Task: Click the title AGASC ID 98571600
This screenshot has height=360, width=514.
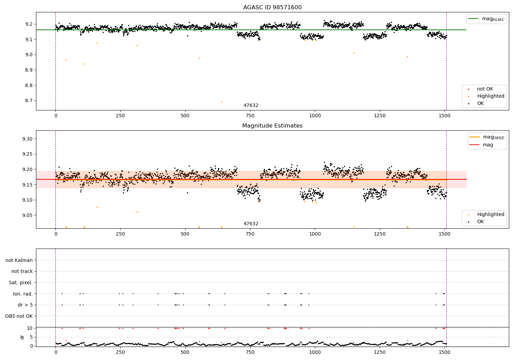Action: tap(272, 8)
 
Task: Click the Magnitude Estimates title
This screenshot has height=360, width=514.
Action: tap(272, 126)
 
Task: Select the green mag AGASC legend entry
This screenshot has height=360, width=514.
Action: tap(486, 19)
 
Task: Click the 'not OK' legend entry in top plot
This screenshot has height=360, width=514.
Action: tap(485, 89)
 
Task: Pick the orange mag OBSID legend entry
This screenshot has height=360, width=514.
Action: tap(487, 137)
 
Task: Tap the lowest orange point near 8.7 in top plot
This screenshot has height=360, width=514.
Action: tap(221, 102)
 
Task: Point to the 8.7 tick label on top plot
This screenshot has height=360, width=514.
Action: tap(29, 101)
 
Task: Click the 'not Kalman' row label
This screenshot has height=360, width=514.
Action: tap(19, 260)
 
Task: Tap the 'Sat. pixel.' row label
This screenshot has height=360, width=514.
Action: tap(21, 283)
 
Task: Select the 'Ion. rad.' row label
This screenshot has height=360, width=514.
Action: tap(23, 294)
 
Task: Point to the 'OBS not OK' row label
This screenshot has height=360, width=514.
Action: tap(19, 316)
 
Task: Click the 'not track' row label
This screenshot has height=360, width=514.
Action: tap(22, 272)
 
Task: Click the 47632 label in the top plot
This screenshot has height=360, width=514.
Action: tap(251, 106)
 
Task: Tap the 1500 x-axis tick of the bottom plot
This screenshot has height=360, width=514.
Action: tap(444, 352)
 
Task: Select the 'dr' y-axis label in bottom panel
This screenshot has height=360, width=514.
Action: tap(23, 337)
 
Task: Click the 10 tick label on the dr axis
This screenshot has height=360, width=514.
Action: tap(29, 328)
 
